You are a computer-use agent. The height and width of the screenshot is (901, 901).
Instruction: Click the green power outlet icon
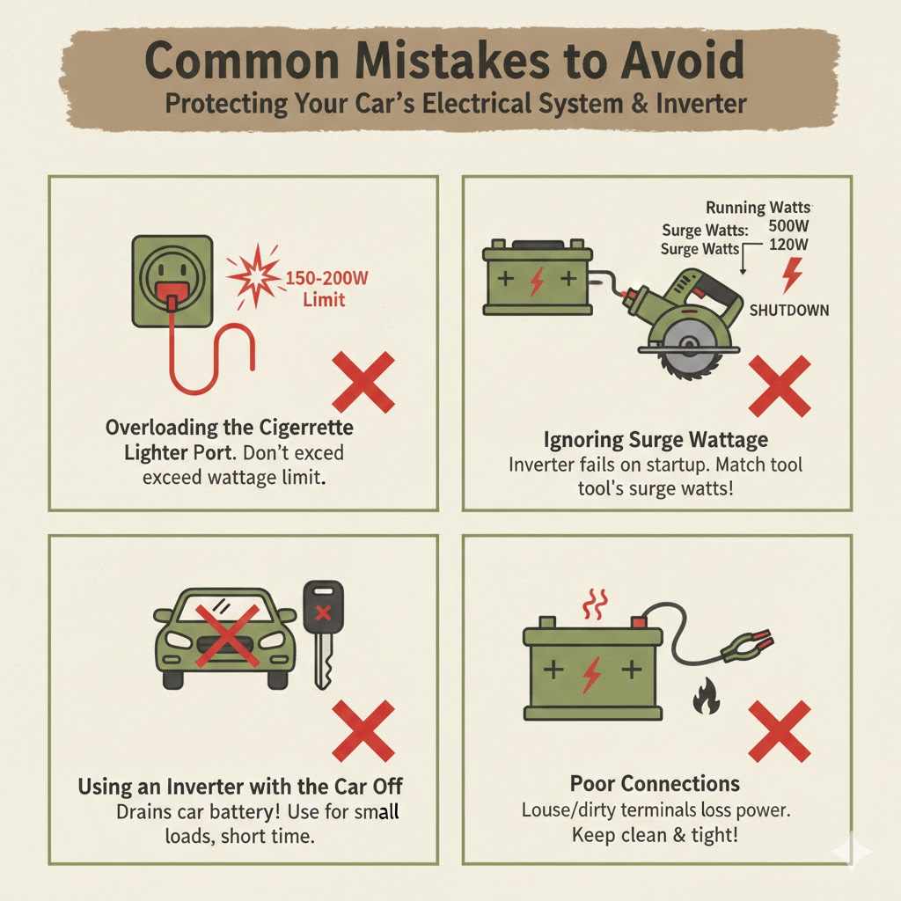coord(172,279)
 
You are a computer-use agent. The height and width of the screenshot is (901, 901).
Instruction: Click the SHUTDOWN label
coord(788,311)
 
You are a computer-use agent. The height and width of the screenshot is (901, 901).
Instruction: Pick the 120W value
coord(787,245)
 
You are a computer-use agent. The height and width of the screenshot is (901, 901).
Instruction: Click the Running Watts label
coord(759,208)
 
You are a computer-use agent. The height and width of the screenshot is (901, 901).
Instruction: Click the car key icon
coord(323,633)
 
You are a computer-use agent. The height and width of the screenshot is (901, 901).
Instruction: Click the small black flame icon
coord(704,700)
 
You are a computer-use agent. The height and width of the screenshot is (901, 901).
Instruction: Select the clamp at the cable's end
coord(746,646)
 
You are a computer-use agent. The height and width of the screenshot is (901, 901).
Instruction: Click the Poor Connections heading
coord(656,783)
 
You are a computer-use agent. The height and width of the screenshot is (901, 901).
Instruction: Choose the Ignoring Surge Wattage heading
coord(656,439)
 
